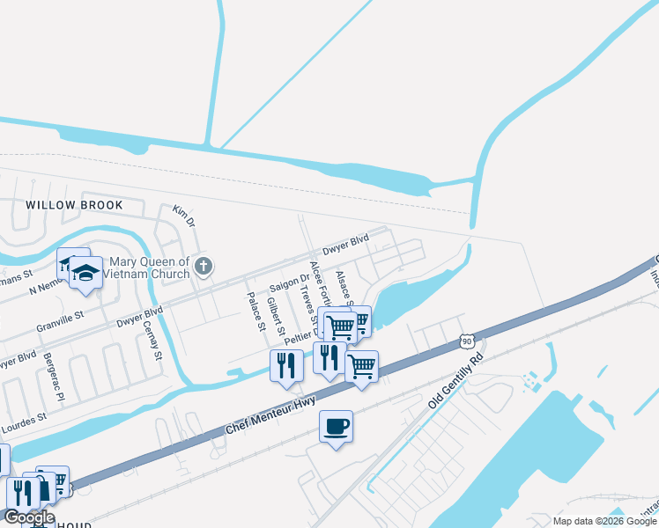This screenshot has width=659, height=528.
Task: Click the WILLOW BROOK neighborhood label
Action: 73,204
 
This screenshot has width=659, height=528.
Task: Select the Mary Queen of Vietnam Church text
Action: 146,268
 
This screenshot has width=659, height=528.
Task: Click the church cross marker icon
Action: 204,266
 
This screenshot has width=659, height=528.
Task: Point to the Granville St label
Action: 60,313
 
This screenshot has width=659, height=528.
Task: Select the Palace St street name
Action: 256,312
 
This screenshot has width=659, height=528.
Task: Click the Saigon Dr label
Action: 290,283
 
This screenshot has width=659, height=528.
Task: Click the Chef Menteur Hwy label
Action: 270,414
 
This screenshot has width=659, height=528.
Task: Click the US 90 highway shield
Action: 467,340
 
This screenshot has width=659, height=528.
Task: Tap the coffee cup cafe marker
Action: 336,428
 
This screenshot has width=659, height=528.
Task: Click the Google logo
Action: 29,517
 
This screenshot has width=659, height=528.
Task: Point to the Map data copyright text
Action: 603,521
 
